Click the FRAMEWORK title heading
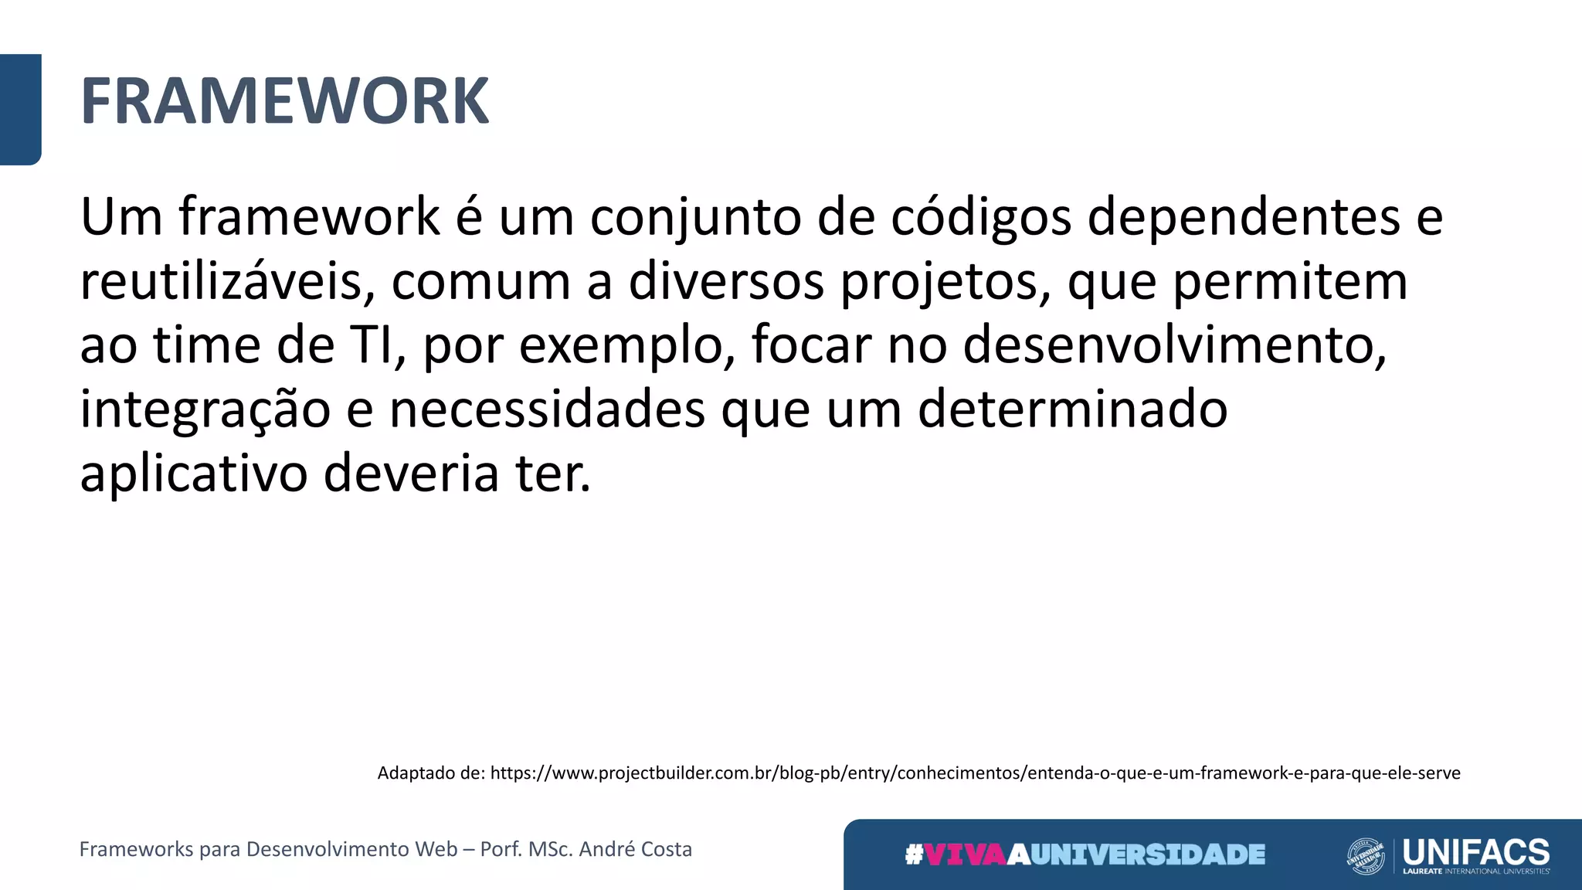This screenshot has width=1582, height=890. point(284,101)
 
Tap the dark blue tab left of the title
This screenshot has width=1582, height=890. point(20,109)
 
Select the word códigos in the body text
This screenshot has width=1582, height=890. point(981,217)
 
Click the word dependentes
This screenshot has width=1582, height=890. point(1244,217)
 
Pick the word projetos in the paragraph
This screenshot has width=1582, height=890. point(945,282)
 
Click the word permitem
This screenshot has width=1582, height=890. point(1290,282)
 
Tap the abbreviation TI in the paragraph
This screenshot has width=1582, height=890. point(378,345)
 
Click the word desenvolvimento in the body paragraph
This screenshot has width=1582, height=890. point(1174,345)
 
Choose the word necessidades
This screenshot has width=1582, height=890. point(547,409)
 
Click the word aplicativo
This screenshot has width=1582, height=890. point(194,474)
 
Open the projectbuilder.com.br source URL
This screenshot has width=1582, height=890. point(975,773)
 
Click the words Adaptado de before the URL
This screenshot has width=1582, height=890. point(430,773)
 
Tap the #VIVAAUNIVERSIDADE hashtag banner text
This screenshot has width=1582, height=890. point(1085,854)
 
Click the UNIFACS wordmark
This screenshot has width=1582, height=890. point(1475,852)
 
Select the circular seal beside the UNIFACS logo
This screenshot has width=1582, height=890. point(1366,856)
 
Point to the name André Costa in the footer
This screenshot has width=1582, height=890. point(635,849)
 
